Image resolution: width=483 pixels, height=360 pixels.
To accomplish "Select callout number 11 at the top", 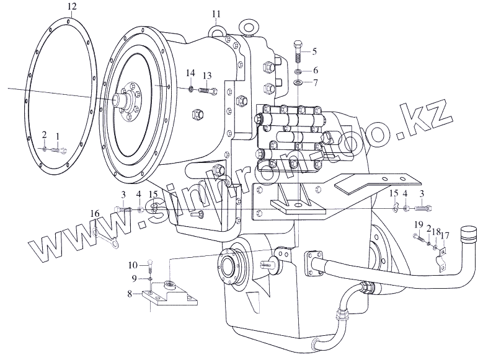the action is pyautogui.click(x=215, y=13).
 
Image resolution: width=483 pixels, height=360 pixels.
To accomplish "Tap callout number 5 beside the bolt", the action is pyautogui.click(x=314, y=51).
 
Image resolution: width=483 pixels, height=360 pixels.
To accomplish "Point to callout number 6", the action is pyautogui.click(x=315, y=71).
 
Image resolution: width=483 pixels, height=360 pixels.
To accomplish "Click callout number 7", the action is pyautogui.click(x=315, y=82).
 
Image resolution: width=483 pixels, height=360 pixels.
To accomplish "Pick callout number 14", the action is pyautogui.click(x=190, y=75).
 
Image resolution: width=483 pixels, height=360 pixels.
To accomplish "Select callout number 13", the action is pyautogui.click(x=206, y=75).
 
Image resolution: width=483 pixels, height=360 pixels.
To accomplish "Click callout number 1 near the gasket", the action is pyautogui.click(x=58, y=135).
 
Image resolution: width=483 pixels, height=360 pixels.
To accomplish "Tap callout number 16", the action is pyautogui.click(x=94, y=213).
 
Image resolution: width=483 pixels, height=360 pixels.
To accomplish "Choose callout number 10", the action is pyautogui.click(x=133, y=265).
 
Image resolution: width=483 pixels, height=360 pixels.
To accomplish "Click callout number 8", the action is pyautogui.click(x=129, y=294).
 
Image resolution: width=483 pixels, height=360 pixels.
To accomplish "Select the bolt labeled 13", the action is pyautogui.click(x=208, y=92).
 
